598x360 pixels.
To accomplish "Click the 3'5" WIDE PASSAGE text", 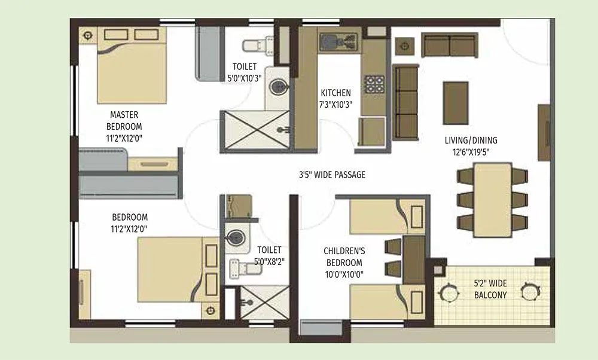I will click(x=332, y=175).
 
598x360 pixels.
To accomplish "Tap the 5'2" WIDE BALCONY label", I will click(x=490, y=290).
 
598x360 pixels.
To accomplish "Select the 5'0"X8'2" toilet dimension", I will click(x=269, y=261).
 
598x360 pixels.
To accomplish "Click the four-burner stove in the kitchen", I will click(x=374, y=84).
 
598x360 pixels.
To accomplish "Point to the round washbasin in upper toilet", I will click(x=277, y=87).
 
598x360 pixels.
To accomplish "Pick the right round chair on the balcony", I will click(x=529, y=291).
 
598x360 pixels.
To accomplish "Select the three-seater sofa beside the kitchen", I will click(x=407, y=102).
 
